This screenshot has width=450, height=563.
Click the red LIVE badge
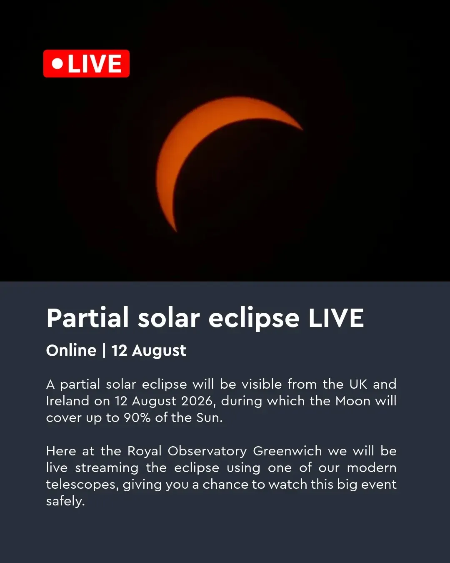click(86, 63)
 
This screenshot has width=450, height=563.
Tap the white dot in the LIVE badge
click(57, 63)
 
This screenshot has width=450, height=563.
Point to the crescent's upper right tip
click(303, 130)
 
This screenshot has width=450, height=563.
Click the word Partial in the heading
click(87, 317)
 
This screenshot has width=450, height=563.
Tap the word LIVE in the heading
click(336, 318)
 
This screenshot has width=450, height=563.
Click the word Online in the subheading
click(71, 350)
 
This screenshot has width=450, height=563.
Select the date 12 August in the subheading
click(149, 351)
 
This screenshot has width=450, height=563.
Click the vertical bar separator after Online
click(104, 351)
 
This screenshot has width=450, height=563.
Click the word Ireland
click(67, 401)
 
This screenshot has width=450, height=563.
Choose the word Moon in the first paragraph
click(353, 401)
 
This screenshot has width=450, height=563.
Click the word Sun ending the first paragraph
click(209, 417)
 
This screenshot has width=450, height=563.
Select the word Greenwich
click(287, 451)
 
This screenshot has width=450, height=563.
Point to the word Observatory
click(207, 452)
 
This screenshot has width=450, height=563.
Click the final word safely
click(66, 502)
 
